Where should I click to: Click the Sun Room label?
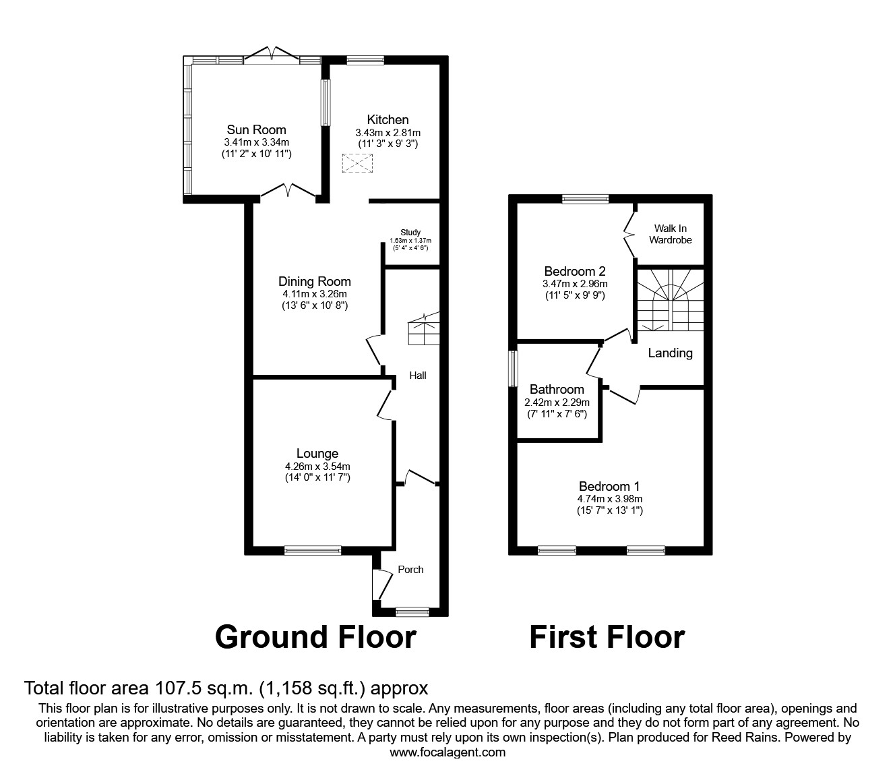(x=256, y=129)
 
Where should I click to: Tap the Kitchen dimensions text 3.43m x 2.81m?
(x=388, y=133)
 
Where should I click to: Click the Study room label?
(x=410, y=233)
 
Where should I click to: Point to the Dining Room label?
(x=315, y=281)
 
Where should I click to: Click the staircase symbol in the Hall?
(x=423, y=330)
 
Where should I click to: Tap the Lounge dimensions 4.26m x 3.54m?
(x=317, y=466)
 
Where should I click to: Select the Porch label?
(x=410, y=569)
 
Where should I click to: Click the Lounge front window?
(x=313, y=550)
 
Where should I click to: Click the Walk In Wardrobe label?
(x=670, y=234)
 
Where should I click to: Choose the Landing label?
(x=670, y=353)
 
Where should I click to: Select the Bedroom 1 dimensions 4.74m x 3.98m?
(x=609, y=499)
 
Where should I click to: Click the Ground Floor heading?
(x=315, y=636)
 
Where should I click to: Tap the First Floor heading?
(x=607, y=636)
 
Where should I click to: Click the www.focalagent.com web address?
(x=448, y=752)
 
